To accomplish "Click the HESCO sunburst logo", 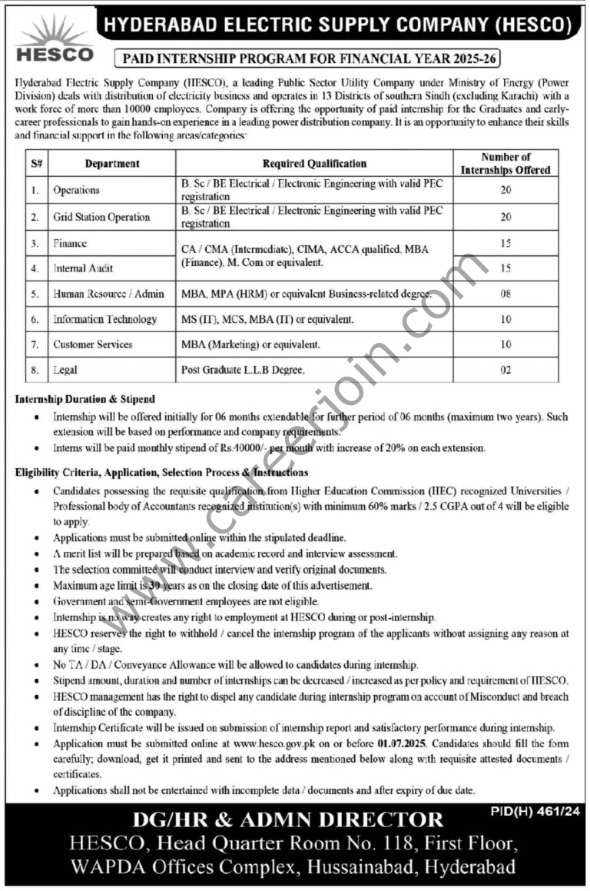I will (54, 38).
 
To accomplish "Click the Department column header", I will (112, 163).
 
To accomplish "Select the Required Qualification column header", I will (314, 163).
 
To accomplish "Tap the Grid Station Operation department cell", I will (101, 217).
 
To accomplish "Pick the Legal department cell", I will (65, 370).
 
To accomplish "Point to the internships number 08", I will (505, 294).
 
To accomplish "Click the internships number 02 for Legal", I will (505, 370).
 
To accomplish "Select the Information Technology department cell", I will (104, 319).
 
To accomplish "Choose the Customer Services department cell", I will (93, 344).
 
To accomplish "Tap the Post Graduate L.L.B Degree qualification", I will (243, 370).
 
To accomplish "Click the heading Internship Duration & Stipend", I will (85, 399).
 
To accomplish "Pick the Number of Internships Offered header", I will (505, 163).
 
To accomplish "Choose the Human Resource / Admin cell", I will (108, 294).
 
